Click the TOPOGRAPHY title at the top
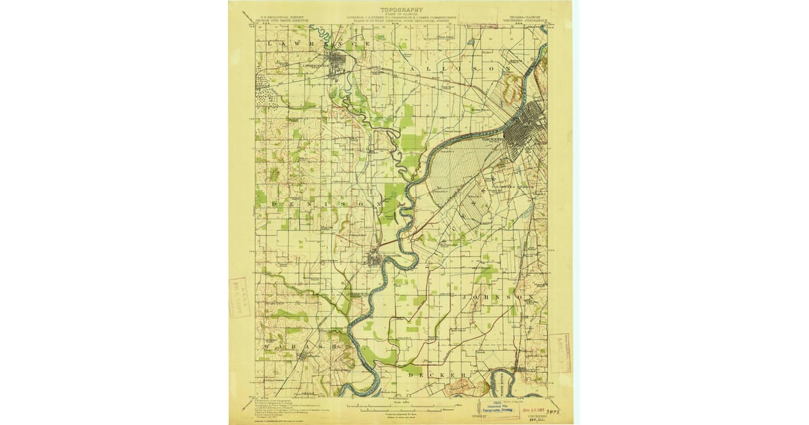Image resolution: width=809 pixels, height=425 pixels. tap(401, 10)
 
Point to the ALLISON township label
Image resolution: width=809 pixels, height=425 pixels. tap(453, 68)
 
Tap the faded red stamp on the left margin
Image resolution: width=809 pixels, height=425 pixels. tap(237, 297)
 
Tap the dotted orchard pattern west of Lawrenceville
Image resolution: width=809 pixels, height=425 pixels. tap(266, 88)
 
